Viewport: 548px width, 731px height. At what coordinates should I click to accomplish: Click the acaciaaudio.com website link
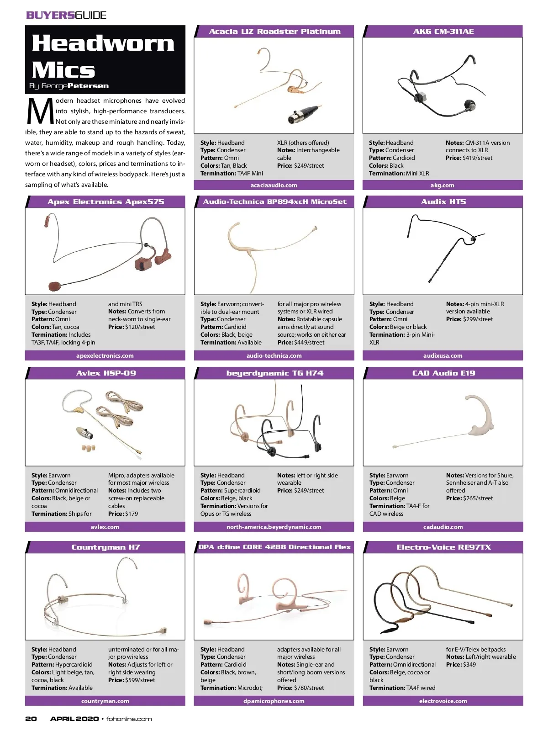tap(274, 185)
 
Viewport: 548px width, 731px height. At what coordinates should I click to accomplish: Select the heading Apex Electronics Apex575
tap(106, 202)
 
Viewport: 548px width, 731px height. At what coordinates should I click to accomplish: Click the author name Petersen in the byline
tap(88, 85)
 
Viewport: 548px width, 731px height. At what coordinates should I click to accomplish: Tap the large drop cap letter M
tap(40, 111)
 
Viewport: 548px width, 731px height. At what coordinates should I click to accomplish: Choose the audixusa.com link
tap(443, 355)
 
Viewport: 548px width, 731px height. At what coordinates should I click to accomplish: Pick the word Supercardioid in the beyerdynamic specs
tap(242, 491)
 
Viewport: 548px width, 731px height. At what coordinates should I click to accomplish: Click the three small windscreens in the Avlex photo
tap(89, 447)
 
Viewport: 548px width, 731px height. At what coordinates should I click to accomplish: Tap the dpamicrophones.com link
tap(274, 701)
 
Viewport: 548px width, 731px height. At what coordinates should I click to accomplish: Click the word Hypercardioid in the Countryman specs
tap(74, 664)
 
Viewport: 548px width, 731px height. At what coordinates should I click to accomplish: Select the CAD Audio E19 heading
tap(443, 373)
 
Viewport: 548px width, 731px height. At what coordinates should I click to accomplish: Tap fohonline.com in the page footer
tap(129, 719)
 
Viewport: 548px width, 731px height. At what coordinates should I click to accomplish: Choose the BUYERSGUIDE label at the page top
tap(66, 15)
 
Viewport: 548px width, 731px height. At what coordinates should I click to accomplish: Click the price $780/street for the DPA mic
tap(309, 688)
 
